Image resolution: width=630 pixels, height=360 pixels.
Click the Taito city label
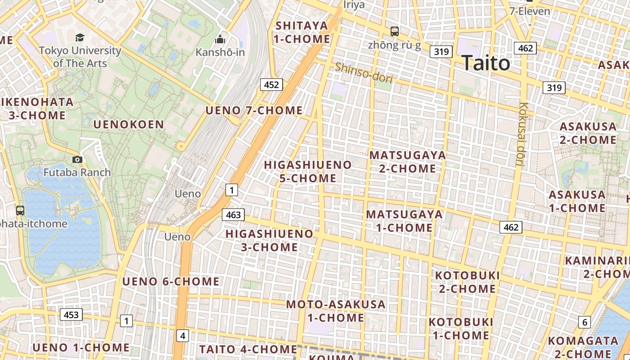(486, 63)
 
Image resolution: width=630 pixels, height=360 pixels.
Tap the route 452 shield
(271, 85)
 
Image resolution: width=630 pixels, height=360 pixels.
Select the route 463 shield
(233, 215)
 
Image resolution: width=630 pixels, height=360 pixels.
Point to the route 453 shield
(71, 315)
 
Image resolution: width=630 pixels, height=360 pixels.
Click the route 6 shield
(585, 322)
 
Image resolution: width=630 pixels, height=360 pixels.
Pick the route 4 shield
(182, 335)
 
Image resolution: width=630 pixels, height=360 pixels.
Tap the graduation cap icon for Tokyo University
(80, 37)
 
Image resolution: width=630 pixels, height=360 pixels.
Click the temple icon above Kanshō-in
(220, 40)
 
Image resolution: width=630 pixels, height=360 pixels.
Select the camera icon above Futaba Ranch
(77, 159)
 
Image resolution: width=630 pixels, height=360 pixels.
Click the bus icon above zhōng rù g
(395, 31)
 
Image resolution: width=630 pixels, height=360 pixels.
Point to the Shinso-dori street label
(364, 73)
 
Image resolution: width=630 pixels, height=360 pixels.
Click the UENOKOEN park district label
(129, 125)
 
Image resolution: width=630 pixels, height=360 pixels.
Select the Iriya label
(354, 5)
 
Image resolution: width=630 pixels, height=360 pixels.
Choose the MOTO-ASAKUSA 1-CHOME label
(336, 311)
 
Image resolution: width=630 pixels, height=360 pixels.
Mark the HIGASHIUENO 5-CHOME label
(308, 171)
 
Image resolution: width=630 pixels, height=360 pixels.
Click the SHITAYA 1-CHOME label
(302, 32)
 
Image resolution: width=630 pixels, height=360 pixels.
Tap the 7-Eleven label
(530, 11)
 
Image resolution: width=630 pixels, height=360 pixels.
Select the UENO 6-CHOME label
(171, 282)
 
